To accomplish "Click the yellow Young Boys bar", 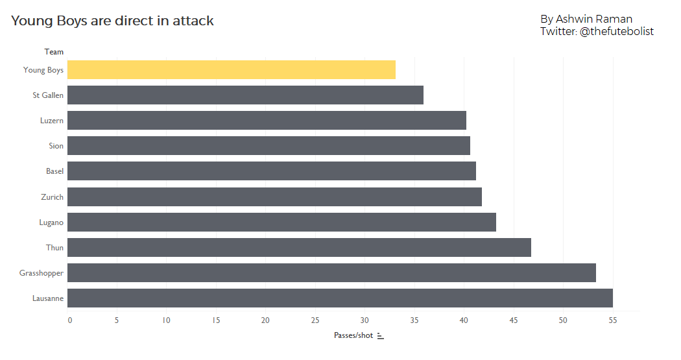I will coord(231,70).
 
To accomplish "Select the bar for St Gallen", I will coord(245,95).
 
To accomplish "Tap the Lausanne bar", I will coord(340,298).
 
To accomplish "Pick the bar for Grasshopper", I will coord(331,273).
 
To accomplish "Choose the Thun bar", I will coord(299,248).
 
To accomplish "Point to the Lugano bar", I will coord(281,222).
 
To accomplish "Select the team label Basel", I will coord(54,171).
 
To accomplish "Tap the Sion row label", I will coord(56,146).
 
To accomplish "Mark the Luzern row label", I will coord(51,121).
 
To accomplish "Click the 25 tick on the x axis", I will coord(315,320).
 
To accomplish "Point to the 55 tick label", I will coord(612,320).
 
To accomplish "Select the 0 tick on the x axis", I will coord(69,320).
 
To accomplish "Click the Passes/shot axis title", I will coord(353,335).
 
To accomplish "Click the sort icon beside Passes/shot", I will coord(381,335).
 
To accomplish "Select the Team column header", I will coord(54,52).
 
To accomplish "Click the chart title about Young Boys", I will coord(112,21).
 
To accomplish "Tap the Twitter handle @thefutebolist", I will coord(615,31).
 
